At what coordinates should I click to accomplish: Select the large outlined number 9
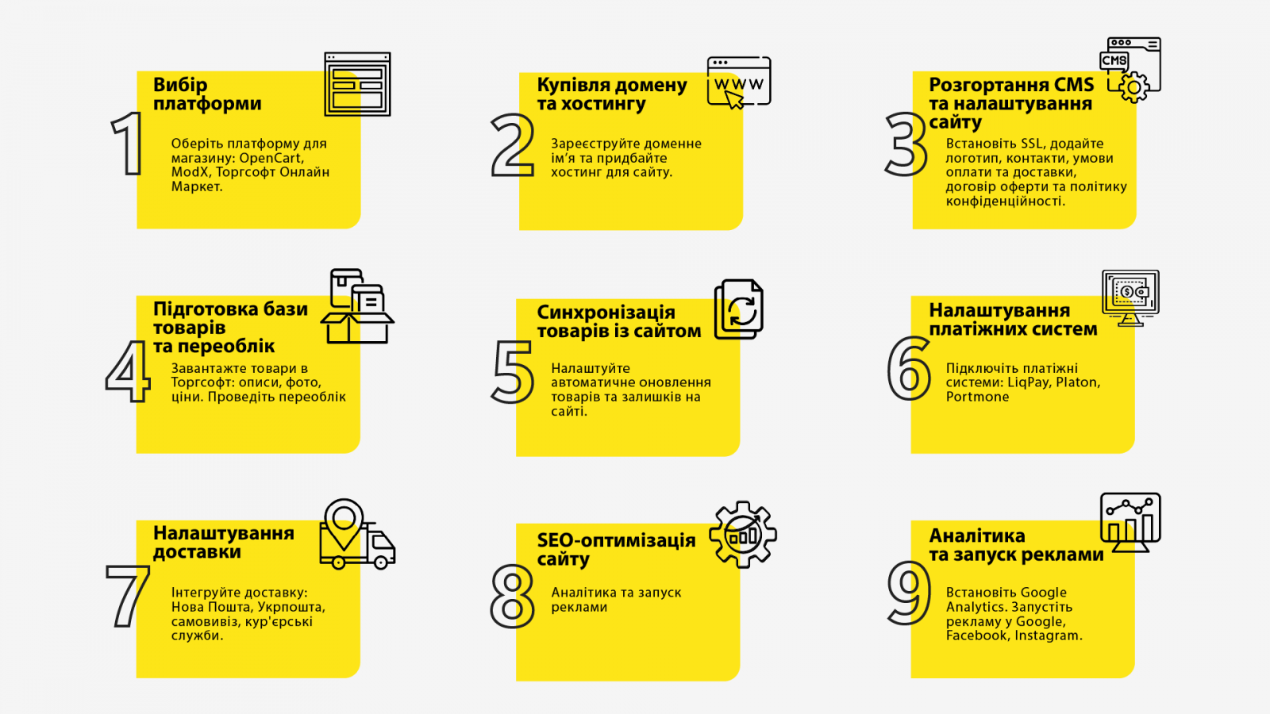click(x=909, y=594)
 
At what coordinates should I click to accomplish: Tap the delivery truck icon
click(x=357, y=544)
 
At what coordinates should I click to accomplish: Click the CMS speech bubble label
click(x=1114, y=60)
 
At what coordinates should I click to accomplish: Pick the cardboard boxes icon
click(x=357, y=306)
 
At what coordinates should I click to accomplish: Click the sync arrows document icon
click(x=739, y=309)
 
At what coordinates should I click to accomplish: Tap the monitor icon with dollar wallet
click(x=1130, y=298)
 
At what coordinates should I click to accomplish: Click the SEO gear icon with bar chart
click(x=743, y=535)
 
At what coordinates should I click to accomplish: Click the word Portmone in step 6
click(x=977, y=397)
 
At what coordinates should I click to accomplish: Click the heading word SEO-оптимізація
click(x=616, y=540)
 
